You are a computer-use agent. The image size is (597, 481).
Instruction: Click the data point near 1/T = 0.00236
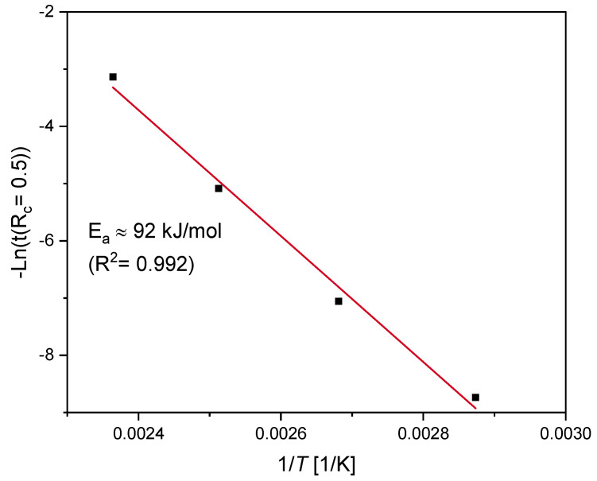(x=113, y=77)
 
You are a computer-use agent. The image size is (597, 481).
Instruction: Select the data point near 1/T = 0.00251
(x=219, y=188)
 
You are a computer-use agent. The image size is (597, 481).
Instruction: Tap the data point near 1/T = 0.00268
(x=339, y=301)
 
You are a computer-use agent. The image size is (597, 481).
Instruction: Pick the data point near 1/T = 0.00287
(x=475, y=397)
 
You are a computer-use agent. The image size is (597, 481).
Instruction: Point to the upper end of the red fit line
(x=113, y=87)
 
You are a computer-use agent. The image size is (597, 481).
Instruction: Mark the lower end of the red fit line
(x=475, y=409)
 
